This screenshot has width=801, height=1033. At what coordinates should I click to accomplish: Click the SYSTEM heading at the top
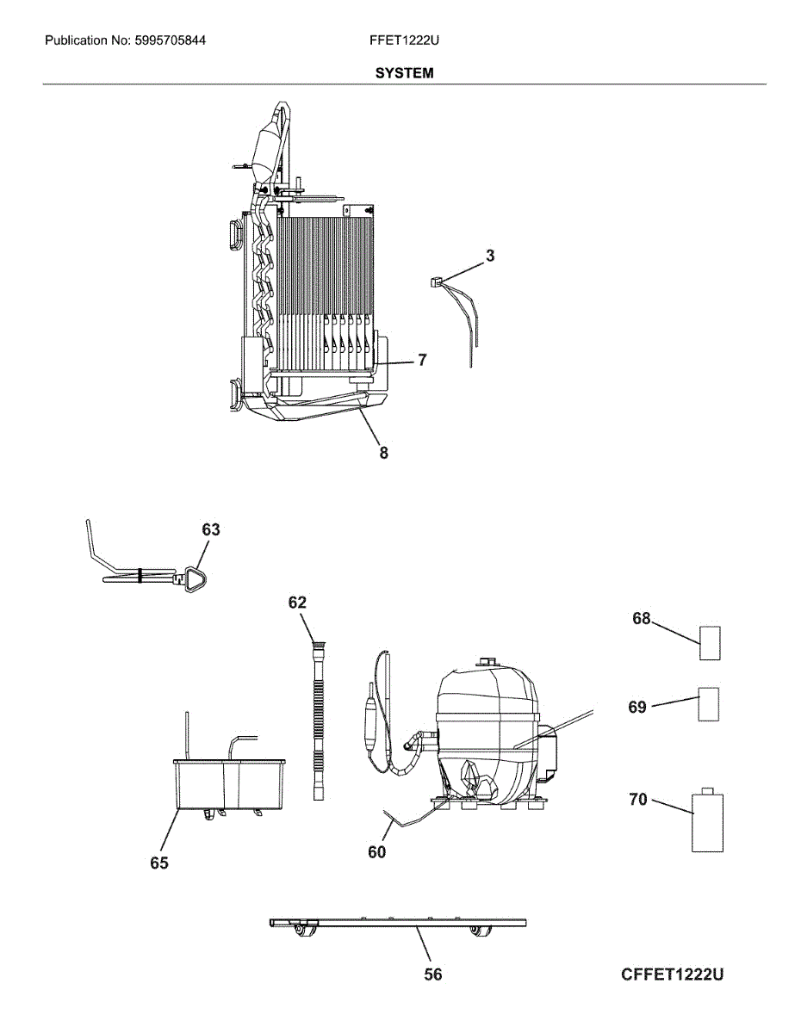tap(404, 73)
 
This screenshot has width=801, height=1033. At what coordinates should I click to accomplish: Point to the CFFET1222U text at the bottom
tap(672, 974)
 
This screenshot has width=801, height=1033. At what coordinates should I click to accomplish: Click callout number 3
tap(490, 256)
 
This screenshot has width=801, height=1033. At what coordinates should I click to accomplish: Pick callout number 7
tap(422, 360)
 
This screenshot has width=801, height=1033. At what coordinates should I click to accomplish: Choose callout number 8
tap(383, 453)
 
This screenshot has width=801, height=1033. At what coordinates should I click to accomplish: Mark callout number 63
tap(211, 530)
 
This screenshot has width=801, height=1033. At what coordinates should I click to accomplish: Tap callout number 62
tap(297, 603)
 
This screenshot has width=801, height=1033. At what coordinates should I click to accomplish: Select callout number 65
tap(159, 863)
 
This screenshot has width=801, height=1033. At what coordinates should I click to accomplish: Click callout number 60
tap(376, 852)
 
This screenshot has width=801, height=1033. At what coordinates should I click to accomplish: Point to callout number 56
tap(433, 974)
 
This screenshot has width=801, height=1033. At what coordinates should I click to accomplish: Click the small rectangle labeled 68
tap(710, 643)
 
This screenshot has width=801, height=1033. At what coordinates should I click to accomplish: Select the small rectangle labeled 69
tap(708, 704)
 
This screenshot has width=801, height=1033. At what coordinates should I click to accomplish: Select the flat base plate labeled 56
tap(396, 923)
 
